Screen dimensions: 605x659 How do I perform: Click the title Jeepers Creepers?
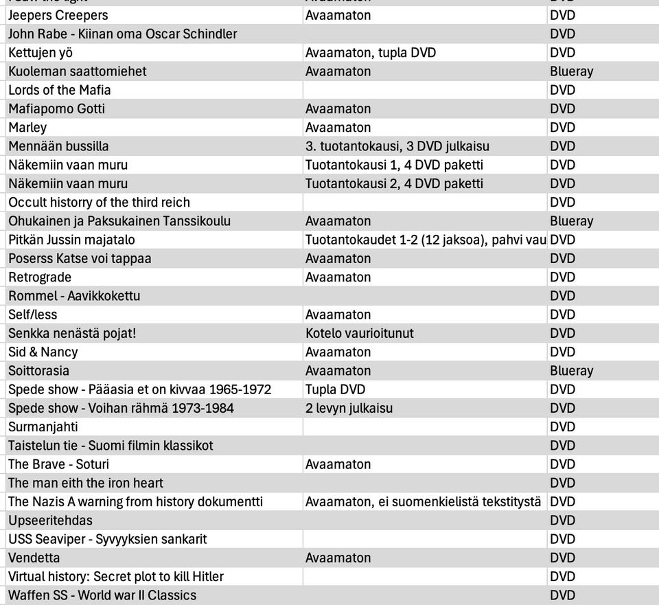pyautogui.click(x=58, y=15)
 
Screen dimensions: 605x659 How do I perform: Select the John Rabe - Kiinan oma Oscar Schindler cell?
pyautogui.click(x=123, y=34)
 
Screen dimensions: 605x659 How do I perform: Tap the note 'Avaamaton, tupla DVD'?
pyautogui.click(x=371, y=52)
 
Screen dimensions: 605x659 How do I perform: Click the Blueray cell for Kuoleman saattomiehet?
pyautogui.click(x=571, y=71)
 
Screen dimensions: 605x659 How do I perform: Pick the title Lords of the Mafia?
pyautogui.click(x=60, y=90)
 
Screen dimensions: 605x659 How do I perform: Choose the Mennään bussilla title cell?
pyautogui.click(x=58, y=146)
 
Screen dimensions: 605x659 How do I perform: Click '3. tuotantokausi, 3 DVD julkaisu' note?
pyautogui.click(x=397, y=146)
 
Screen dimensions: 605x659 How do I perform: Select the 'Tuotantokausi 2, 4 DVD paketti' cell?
pyautogui.click(x=394, y=183)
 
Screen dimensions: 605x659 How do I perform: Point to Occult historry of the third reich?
pyautogui.click(x=99, y=203)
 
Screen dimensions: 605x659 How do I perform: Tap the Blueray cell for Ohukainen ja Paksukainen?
pyautogui.click(x=571, y=221)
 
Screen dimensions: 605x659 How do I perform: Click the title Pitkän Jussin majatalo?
pyautogui.click(x=71, y=240)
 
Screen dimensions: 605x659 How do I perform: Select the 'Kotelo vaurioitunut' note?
pyautogui.click(x=360, y=333)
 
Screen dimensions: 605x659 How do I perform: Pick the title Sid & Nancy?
pyautogui.click(x=43, y=352)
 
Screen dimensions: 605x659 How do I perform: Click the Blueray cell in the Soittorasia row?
pyautogui.click(x=571, y=371)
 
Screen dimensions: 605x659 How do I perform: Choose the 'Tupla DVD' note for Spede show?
pyautogui.click(x=336, y=389)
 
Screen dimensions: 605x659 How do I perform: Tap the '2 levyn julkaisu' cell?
pyautogui.click(x=349, y=408)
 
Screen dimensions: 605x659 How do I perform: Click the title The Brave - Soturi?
pyautogui.click(x=59, y=464)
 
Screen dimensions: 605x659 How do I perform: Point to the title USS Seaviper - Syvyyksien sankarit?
pyautogui.click(x=108, y=539)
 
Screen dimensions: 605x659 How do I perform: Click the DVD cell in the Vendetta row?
pyautogui.click(x=563, y=558)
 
